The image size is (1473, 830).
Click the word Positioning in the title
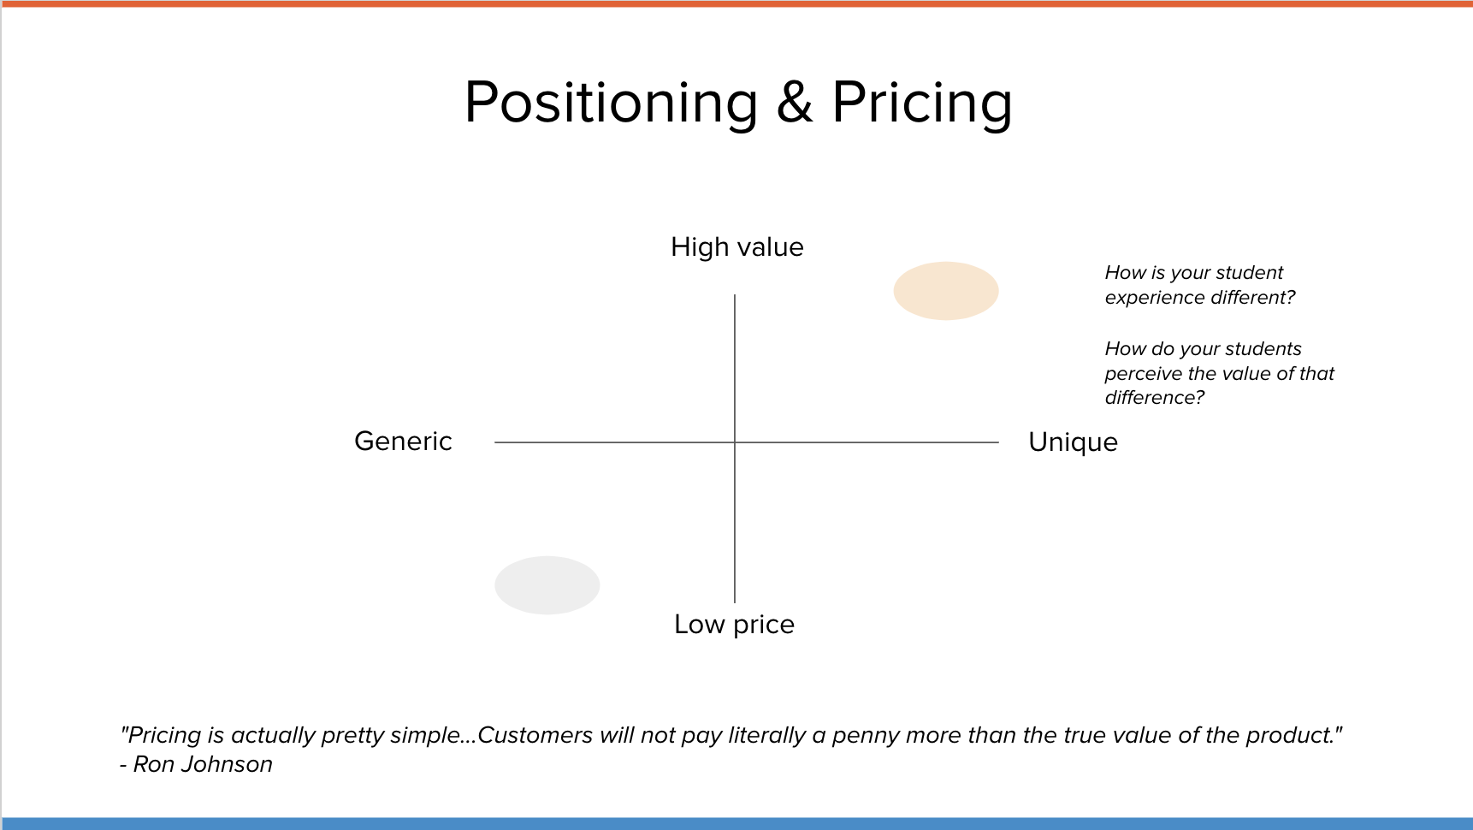pos(611,104)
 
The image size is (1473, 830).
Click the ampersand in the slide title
pos(795,103)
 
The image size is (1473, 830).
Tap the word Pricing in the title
pos(922,104)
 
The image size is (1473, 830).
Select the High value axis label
pos(737,247)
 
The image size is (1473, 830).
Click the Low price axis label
pos(734,625)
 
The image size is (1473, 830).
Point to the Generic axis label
pos(403,442)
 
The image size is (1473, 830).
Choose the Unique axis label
pos(1073,442)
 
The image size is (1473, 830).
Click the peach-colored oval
pos(946,291)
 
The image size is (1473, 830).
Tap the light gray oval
pos(547,585)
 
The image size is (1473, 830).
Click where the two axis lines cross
pos(735,442)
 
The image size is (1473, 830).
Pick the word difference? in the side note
pos(1155,398)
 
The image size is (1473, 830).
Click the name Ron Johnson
pos(203,764)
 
